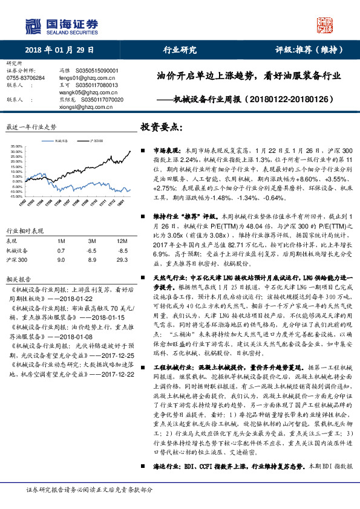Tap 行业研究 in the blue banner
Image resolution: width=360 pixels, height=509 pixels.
coord(180,50)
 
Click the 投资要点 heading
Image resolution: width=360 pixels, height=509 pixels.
coord(161,128)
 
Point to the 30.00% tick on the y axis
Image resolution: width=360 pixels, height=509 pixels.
coord(16,146)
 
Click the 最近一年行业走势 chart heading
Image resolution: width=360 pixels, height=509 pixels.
coord(31,128)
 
